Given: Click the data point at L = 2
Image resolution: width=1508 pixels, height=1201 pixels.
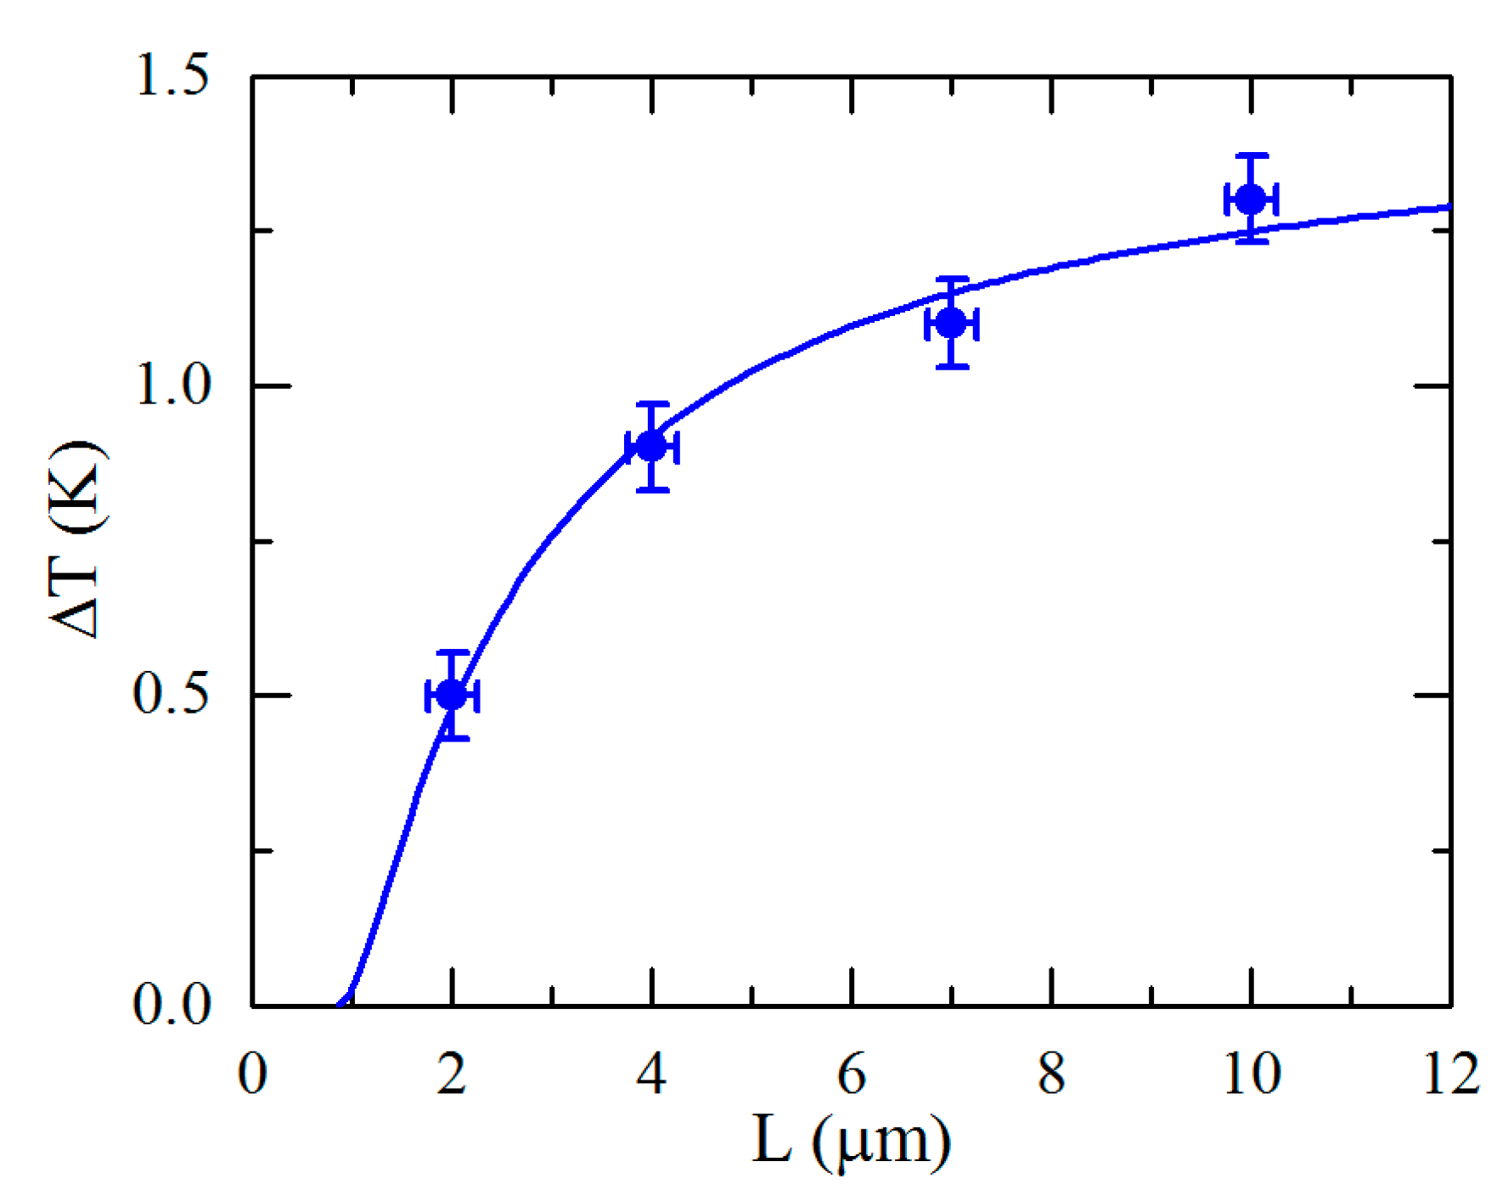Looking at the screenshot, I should point(452,696).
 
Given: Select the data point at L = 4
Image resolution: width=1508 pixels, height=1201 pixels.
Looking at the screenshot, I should point(652,447).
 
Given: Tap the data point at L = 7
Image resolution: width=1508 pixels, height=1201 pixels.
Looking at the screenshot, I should point(952,323).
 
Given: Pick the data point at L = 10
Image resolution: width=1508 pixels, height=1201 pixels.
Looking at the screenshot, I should point(1252,200).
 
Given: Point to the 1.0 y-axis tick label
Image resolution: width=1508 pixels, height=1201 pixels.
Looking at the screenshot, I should point(171,386).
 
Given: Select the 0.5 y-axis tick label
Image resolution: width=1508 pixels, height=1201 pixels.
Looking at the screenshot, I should point(171,695).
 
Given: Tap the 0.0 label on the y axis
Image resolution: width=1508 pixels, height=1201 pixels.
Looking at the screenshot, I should point(171,1005).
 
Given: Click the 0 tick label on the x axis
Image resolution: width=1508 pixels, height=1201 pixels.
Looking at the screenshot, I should point(252,1074).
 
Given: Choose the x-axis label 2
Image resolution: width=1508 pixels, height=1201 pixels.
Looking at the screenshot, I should point(452,1074).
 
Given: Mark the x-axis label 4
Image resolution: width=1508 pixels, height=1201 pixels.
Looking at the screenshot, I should point(651,1074).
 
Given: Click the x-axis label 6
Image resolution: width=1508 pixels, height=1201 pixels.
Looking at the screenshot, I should point(852,1074).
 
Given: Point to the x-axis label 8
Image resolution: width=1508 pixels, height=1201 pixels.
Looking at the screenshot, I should point(1051,1074).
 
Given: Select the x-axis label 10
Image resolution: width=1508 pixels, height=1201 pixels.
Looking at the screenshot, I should point(1252,1074).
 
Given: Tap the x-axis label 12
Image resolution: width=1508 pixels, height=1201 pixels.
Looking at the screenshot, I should point(1451,1074).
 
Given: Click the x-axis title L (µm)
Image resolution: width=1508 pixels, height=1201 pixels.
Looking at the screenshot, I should point(852,1142).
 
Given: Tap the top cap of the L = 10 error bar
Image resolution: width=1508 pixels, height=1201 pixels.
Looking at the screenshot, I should point(1252,156).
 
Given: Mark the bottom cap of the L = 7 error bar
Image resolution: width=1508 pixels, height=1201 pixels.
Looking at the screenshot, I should point(952,367).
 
